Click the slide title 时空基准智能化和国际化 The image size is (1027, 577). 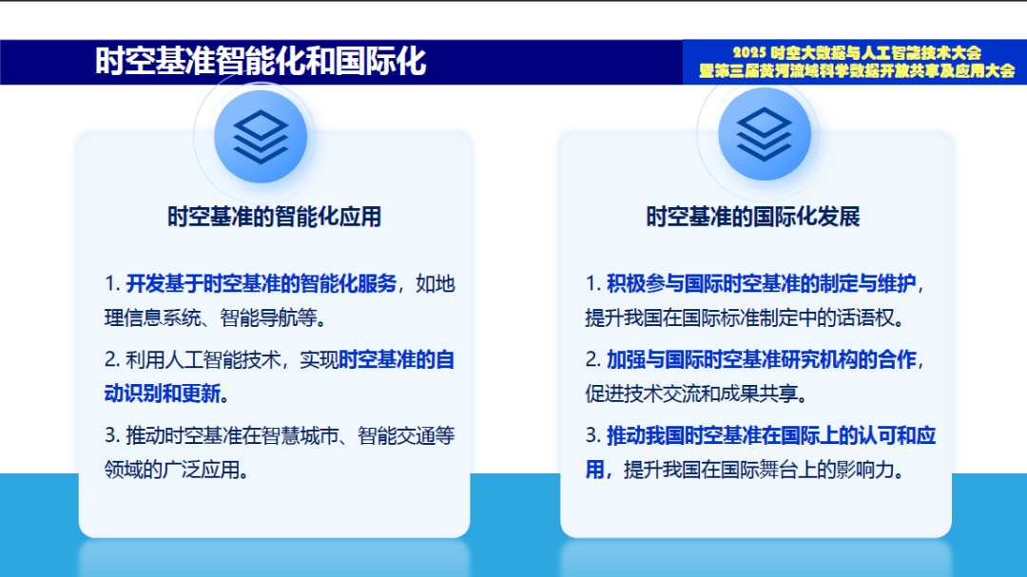coord(261,62)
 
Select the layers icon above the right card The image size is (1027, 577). coord(764,136)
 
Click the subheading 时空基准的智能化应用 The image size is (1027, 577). coord(274,217)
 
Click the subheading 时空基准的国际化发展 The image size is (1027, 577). coord(753,217)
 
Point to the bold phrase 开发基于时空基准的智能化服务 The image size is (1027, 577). coord(261,283)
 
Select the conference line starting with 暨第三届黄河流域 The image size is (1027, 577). coord(856,71)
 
